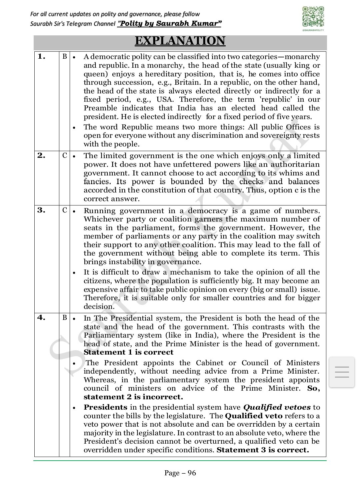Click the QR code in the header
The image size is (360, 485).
(313, 17)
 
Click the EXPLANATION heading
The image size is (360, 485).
(180, 41)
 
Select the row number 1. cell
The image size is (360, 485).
(42, 56)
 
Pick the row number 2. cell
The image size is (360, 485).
(42, 155)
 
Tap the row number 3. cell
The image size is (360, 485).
(42, 210)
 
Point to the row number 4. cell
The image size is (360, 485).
(42, 318)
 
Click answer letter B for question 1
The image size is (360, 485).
(65, 56)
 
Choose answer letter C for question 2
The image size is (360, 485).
(65, 155)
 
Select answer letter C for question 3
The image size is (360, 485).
(65, 210)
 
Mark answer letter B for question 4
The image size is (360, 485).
(65, 318)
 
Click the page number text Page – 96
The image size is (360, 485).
(180, 473)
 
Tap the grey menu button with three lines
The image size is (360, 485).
(342, 372)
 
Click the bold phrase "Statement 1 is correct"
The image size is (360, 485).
(128, 353)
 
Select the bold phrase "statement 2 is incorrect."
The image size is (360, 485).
(133, 397)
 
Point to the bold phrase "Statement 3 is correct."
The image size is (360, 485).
(263, 450)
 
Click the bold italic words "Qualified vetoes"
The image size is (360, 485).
(277, 407)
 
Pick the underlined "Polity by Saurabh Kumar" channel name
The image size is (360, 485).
(169, 23)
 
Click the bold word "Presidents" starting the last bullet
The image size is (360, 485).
(105, 407)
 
